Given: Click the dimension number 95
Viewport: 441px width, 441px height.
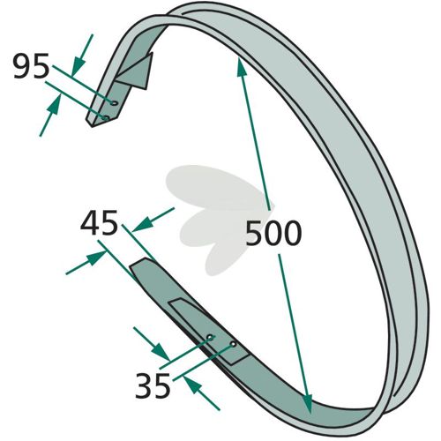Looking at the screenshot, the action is pos(31,66).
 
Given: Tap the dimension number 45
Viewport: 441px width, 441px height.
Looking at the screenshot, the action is pos(99,223).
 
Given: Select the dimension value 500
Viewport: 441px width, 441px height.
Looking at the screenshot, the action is pos(273,233).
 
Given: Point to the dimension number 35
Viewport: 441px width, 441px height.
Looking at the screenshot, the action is pos(153,385).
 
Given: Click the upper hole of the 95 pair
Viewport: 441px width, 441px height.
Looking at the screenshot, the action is pos(114,103).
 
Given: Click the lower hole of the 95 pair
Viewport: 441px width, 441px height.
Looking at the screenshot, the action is pos(106,117).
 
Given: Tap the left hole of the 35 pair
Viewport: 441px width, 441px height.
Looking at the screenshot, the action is pos(210,337).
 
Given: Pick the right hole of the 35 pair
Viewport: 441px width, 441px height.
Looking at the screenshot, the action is pos(233,344).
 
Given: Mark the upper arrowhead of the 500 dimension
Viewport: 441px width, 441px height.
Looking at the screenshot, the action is pos(241,66).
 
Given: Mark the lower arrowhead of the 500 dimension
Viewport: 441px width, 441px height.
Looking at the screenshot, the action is pos(307,403).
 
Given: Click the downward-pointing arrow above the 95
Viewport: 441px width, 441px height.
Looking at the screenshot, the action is pos(82,55).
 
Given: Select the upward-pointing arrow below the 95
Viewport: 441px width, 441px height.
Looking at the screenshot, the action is pos(50,116).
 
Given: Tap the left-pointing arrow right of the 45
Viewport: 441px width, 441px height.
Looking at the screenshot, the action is pos(153,220).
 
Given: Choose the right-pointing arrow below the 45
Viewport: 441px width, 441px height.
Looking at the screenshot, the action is pos(86,263).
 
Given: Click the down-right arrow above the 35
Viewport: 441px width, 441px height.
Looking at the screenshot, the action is pos(152,344).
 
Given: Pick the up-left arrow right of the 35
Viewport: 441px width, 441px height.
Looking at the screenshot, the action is pos(201,392).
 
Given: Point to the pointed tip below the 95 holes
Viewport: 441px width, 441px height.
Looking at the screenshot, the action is pos(92,127).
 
